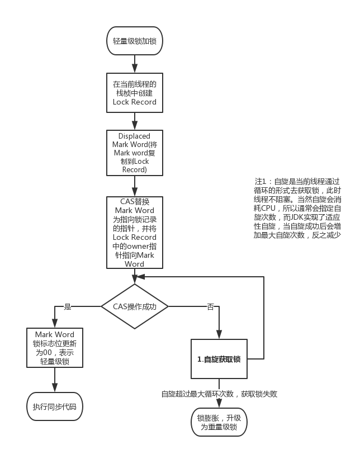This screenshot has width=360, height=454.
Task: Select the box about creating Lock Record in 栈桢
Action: coord(134,93)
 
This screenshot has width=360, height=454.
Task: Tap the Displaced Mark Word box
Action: coord(134,153)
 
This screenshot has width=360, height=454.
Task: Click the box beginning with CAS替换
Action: coord(134,232)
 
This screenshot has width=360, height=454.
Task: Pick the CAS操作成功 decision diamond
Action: coord(134,306)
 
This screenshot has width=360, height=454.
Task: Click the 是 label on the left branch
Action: coord(68,306)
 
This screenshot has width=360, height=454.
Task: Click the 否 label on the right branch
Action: coord(211,306)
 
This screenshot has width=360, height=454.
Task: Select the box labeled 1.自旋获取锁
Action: coord(219,359)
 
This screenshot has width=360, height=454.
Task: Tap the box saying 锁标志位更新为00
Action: coord(55,348)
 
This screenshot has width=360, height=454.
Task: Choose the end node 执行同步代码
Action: coord(55,406)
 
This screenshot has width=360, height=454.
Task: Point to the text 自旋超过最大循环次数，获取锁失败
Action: coord(219,394)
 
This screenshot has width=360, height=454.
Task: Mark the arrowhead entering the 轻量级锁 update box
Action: coord(55,324)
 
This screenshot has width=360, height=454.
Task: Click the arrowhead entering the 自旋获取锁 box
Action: coord(219,335)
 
